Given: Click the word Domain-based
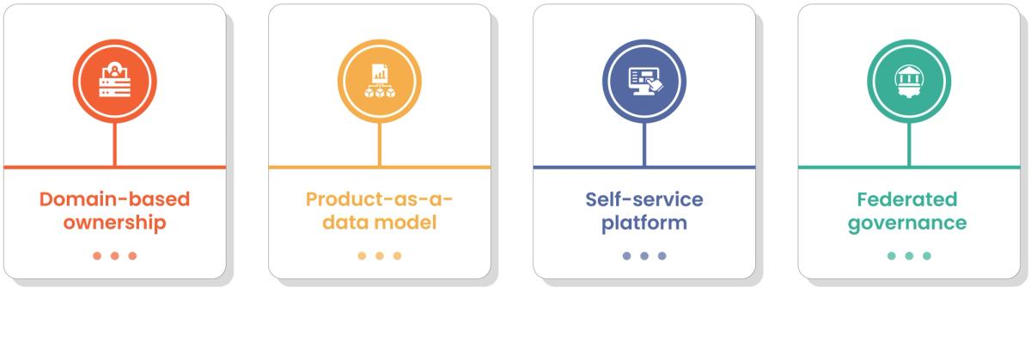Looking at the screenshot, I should tap(115, 200).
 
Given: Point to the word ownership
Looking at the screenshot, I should tap(115, 223).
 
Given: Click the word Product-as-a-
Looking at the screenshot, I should tap(380, 200).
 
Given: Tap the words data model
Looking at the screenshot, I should tap(380, 223).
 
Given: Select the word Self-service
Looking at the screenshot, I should tap(644, 200).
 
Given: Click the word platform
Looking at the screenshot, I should tap(644, 223).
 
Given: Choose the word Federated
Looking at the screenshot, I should tap(909, 200).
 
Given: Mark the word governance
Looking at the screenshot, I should tap(909, 223).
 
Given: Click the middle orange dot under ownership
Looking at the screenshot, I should tap(115, 255).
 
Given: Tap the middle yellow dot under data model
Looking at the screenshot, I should tap(380, 255).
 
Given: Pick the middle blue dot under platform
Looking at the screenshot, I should tap(644, 255).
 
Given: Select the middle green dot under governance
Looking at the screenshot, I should tap(909, 255).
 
